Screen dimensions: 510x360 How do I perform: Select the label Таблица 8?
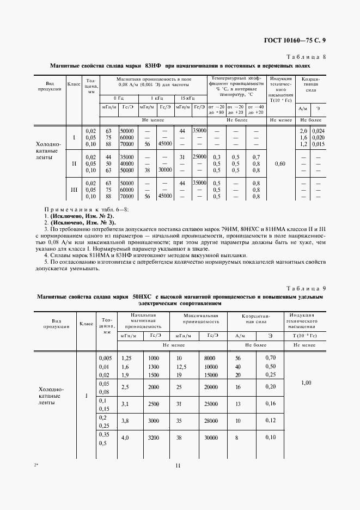(x=306, y=57)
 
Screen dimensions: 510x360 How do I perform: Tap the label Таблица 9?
(x=306, y=288)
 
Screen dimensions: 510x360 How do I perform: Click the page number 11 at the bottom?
(x=178, y=465)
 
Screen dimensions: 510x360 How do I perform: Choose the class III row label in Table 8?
(x=74, y=190)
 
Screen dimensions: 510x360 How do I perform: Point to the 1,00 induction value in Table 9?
(x=305, y=383)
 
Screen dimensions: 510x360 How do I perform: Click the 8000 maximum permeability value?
(x=210, y=357)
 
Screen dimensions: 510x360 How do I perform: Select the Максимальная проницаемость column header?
(x=197, y=319)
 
